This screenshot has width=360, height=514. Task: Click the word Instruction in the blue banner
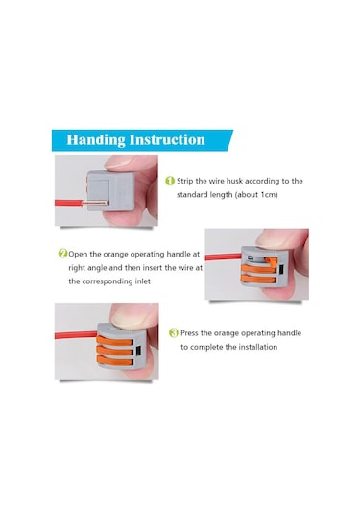point(167,139)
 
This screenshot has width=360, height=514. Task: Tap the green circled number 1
point(170,181)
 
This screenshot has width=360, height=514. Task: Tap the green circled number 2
point(62,254)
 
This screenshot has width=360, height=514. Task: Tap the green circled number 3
point(174,333)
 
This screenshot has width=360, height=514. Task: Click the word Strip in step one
point(184,181)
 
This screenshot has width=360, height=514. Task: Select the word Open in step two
point(78,255)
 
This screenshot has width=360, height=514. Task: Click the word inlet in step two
point(142,281)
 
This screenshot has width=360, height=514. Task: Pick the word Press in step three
point(190,333)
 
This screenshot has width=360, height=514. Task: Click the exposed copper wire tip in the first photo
point(94,203)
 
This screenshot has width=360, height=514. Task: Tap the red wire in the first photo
point(68,203)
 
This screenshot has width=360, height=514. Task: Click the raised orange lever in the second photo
point(271,262)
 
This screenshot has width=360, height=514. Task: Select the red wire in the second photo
point(224,257)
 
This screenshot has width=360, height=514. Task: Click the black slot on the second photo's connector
point(281,271)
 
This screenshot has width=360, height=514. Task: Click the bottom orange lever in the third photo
point(115,360)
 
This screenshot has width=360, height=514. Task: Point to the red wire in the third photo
point(76,335)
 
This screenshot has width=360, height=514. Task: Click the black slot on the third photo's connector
point(138,351)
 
